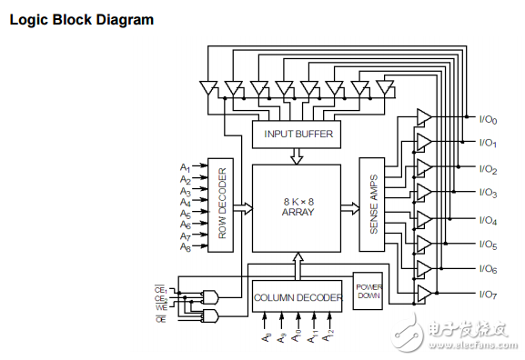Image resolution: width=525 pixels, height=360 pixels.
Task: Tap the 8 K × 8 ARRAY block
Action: click(x=297, y=207)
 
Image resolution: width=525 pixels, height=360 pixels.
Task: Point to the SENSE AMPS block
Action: click(x=373, y=207)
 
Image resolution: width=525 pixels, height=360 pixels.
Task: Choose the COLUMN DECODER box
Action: click(x=298, y=296)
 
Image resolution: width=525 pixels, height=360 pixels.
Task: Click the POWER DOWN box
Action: click(x=367, y=291)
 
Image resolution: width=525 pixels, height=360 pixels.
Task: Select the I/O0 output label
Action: click(x=488, y=118)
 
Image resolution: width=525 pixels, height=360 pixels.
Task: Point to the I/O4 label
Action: click(x=488, y=219)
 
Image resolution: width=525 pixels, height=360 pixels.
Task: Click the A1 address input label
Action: click(x=185, y=168)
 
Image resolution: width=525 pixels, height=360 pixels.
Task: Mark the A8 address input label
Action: click(x=185, y=246)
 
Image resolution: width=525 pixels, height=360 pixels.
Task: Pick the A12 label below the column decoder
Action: click(x=332, y=336)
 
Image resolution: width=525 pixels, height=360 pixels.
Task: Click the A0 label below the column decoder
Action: click(x=266, y=336)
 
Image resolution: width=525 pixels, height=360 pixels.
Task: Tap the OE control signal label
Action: click(x=160, y=319)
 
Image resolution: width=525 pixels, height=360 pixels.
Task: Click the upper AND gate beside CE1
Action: click(x=213, y=297)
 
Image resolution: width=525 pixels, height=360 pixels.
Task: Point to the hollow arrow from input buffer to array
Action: click(x=297, y=156)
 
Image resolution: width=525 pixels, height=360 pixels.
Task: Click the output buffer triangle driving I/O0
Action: click(x=423, y=116)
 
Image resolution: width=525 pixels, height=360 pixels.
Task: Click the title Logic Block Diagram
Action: click(x=82, y=19)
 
